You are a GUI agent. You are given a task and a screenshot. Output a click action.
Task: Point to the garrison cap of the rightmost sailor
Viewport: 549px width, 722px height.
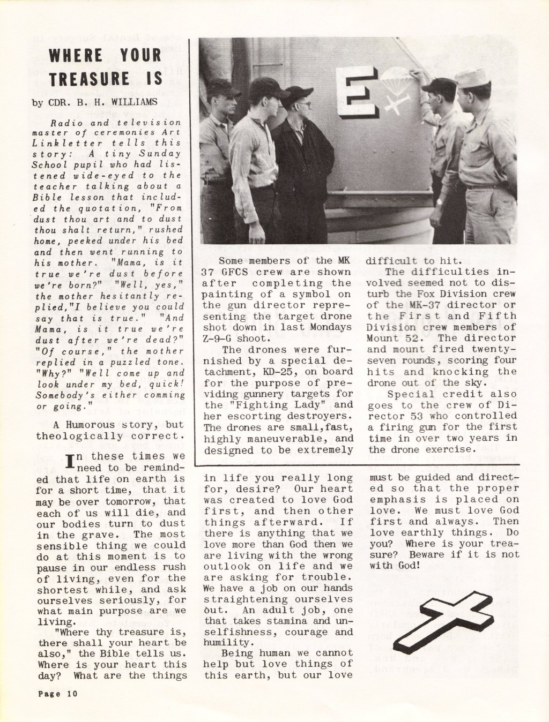click(x=472, y=78)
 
